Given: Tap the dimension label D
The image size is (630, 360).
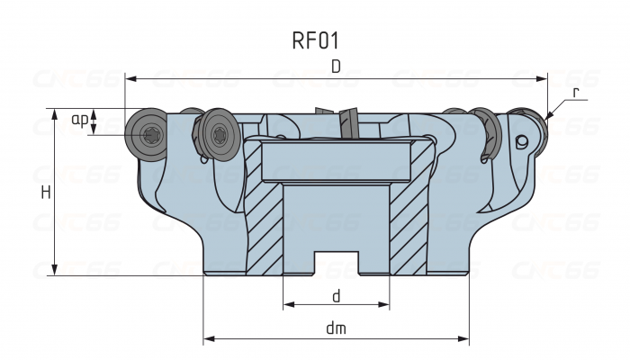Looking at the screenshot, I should tap(336, 67).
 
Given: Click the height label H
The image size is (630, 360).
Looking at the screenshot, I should tap(45, 192).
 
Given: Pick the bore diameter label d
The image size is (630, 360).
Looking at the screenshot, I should tap(336, 294).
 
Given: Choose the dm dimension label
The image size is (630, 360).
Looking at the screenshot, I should tap(336, 328).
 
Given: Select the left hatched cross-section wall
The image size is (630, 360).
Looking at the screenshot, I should tap(264, 225).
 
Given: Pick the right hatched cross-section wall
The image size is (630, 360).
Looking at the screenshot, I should tap(407, 225).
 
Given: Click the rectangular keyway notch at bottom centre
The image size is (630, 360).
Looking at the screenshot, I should tap(336, 263).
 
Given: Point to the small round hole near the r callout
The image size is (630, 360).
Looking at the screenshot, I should tap(521, 142).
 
